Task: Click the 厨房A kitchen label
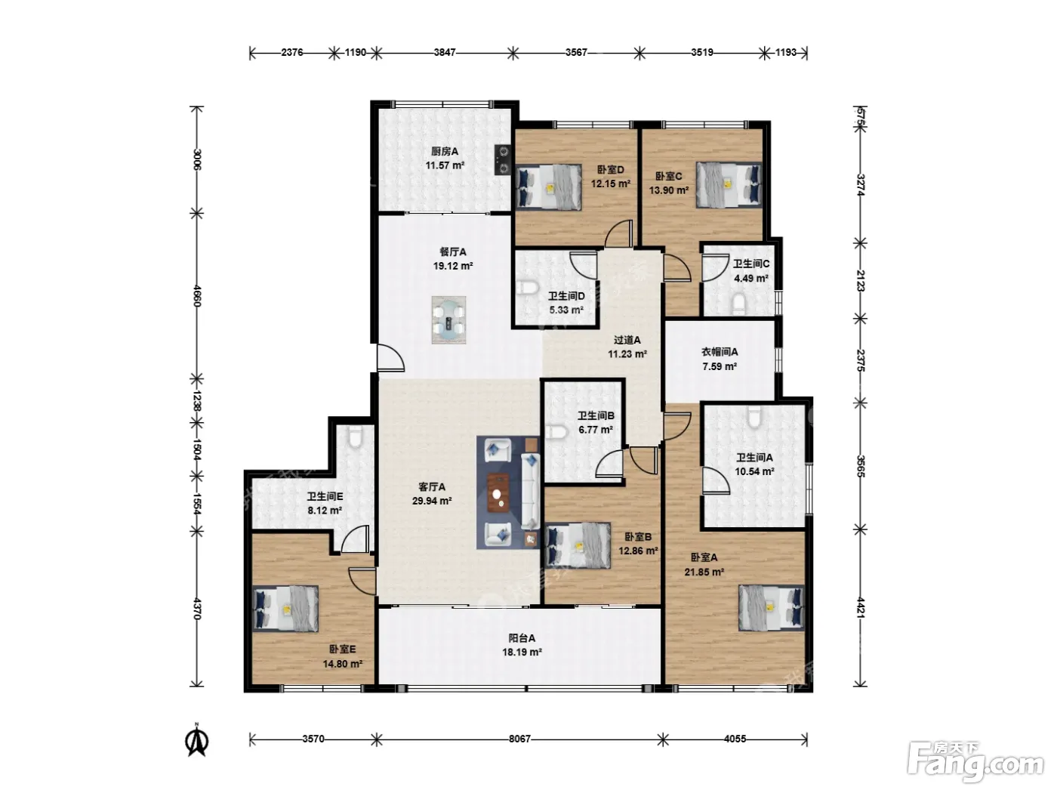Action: [444, 152]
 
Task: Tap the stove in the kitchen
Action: [504, 160]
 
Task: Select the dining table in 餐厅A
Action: [448, 319]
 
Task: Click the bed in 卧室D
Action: [548, 187]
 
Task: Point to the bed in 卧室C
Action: [729, 185]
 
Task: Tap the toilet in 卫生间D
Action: [528, 289]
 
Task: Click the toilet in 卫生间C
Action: [738, 303]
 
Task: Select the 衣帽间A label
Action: [720, 353]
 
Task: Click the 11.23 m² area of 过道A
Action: [627, 354]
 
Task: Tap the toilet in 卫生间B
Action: [555, 431]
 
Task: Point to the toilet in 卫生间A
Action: [753, 417]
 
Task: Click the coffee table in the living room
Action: [498, 493]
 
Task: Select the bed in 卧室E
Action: [285, 608]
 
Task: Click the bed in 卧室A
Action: [772, 608]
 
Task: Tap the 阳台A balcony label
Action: [522, 638]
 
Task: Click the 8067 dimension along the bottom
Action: [519, 739]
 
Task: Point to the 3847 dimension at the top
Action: [445, 52]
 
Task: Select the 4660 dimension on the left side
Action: [196, 295]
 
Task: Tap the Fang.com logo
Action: [975, 761]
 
